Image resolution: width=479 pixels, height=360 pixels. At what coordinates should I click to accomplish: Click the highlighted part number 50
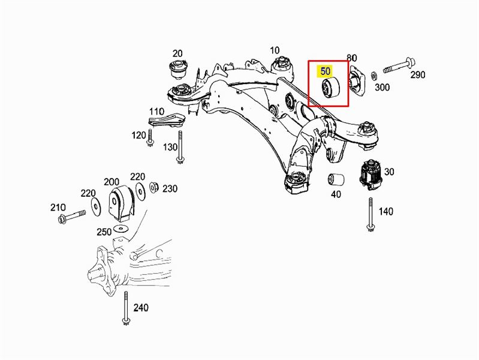(x=326, y=71)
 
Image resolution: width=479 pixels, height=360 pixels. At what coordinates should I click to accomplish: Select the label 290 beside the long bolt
(x=417, y=75)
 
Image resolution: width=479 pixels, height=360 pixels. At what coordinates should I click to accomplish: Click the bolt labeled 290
(x=396, y=64)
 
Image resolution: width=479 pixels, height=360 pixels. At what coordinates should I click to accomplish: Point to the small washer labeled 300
(x=373, y=76)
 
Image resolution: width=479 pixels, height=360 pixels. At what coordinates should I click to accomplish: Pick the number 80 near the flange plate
(x=352, y=58)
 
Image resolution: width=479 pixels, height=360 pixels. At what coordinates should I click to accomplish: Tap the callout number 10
(x=275, y=50)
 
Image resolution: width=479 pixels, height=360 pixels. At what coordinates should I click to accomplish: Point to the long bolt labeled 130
(x=179, y=149)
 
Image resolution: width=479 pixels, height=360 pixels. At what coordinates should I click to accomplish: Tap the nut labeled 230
(x=153, y=188)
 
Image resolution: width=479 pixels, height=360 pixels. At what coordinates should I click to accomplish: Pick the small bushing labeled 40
(x=336, y=179)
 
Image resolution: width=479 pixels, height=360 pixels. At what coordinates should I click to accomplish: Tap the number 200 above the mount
(x=112, y=181)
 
